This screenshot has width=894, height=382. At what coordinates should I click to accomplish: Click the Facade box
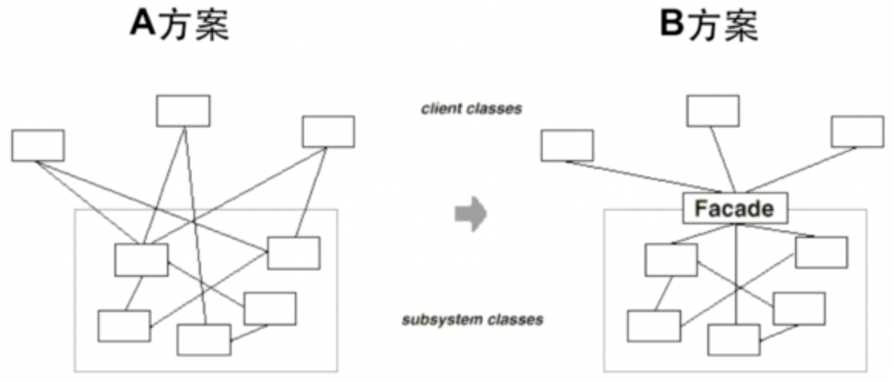pos(734,208)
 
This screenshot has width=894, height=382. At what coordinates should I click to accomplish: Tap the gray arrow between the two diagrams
pos(471,213)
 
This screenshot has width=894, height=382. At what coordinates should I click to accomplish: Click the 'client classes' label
pos(471,108)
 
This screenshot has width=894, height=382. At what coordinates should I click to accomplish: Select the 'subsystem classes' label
pos(472,320)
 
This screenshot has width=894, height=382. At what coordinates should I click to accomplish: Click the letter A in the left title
pos(143,24)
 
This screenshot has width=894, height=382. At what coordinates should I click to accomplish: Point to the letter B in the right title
pos(672,24)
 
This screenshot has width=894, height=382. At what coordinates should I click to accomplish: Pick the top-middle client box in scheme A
pos(183,111)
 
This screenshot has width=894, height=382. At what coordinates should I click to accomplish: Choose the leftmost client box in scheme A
pos(38,146)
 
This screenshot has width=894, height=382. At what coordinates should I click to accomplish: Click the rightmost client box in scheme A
pos(328,132)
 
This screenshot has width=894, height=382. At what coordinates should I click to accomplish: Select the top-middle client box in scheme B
pos(713,111)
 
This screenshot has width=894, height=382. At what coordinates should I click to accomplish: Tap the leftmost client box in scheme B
pos(567,146)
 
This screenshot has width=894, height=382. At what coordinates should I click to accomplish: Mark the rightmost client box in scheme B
pos(857,132)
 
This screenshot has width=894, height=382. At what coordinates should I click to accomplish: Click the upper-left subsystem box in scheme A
pos(141,260)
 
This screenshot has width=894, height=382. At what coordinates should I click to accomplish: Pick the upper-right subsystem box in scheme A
pos(294,253)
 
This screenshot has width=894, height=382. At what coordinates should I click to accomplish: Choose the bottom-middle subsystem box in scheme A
pos(204,339)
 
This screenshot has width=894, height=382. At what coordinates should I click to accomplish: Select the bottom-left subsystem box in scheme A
pos(124,326)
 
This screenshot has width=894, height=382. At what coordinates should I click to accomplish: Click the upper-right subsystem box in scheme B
pos(821,253)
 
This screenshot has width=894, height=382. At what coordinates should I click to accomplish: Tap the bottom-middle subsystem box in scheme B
pos(734,339)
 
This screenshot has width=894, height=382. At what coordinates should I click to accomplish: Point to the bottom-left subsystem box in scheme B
pos(654,326)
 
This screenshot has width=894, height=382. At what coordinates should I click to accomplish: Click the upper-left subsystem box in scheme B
pos(671,260)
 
